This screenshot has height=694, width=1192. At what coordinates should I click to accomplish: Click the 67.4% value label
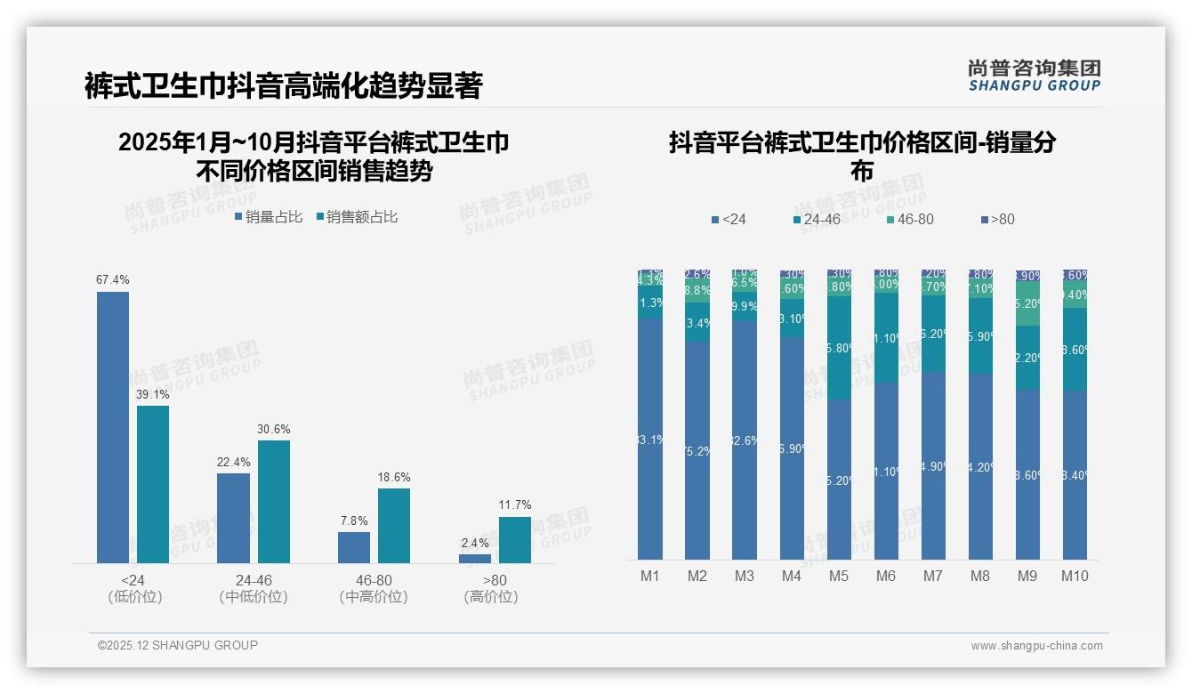click(113, 279)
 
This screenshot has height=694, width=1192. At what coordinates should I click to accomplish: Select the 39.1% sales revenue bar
click(153, 484)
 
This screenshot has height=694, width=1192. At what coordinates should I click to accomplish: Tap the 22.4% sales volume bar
click(233, 518)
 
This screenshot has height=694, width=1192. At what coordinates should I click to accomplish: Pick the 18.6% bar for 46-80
click(394, 525)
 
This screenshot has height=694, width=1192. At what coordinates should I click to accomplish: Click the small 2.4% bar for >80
click(475, 558)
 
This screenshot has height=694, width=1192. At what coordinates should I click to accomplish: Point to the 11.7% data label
click(515, 505)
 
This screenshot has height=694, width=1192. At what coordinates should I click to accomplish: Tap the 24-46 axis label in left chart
click(254, 580)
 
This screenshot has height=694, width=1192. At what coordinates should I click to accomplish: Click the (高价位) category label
click(490, 597)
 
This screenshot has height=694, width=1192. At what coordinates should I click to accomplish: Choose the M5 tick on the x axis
click(839, 576)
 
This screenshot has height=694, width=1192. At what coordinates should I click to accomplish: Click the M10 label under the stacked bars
click(1075, 576)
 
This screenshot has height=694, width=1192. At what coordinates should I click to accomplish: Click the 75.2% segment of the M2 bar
click(697, 450)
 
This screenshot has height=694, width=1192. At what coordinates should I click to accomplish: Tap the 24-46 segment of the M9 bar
click(1027, 358)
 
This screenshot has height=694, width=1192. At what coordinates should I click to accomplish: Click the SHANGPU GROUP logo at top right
click(1035, 76)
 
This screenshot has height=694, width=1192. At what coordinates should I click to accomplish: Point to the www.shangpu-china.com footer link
click(1036, 646)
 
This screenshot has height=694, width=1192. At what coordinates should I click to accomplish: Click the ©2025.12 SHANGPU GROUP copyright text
click(178, 645)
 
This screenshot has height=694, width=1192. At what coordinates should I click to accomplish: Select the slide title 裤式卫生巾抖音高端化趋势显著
click(283, 85)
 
